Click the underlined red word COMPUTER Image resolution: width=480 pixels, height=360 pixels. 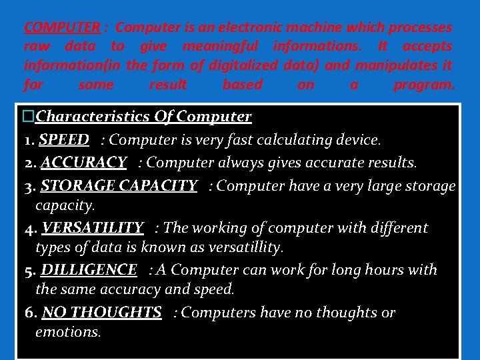click(62, 28)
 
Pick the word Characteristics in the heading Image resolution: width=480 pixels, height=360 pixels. click(85, 117)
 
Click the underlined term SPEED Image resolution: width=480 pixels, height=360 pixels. click(64, 140)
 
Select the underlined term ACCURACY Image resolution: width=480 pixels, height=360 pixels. click(83, 162)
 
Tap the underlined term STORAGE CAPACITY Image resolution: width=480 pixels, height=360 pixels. click(119, 185)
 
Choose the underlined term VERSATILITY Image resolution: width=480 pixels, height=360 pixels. click(92, 228)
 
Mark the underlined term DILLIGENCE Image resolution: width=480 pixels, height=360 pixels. click(89, 270)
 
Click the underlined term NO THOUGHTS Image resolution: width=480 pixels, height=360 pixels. click(101, 313)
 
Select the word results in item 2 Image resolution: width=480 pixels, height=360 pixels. click(391, 162)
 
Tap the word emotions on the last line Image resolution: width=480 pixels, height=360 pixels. click(67, 331)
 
